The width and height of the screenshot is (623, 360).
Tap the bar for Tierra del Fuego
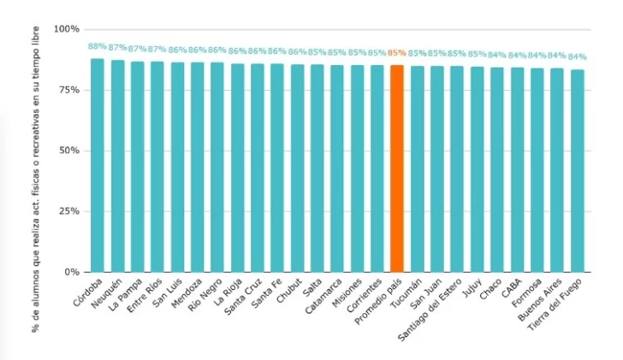coord(578,170)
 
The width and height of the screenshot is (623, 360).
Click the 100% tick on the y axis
coord(66,29)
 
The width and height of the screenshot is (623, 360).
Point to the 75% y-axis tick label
coord(68,90)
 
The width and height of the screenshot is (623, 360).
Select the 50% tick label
coord(68,150)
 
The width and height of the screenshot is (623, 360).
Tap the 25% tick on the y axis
coord(68,211)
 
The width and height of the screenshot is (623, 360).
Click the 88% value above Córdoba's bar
coord(98,47)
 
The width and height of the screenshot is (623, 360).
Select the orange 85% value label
coord(396,52)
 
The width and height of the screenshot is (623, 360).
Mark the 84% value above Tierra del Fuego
coord(578,56)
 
